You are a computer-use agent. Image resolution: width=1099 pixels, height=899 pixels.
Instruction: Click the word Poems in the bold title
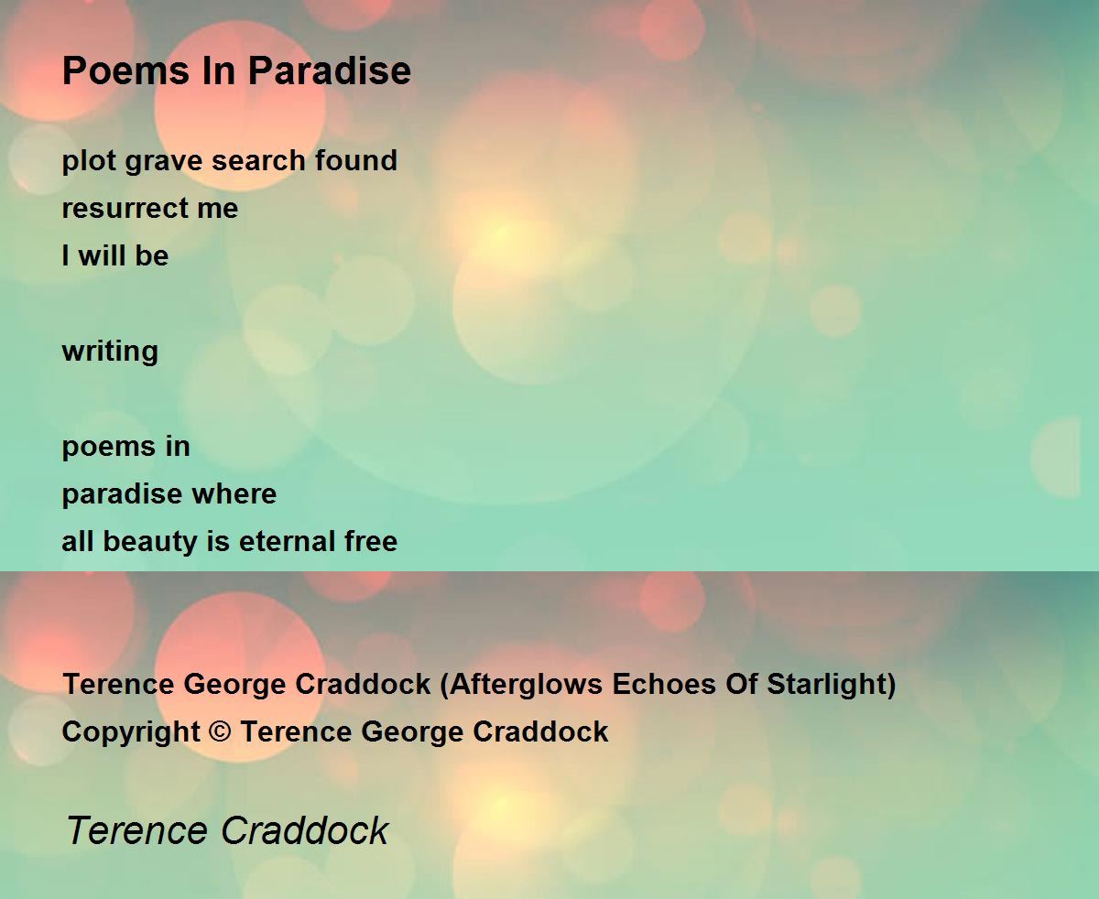125,70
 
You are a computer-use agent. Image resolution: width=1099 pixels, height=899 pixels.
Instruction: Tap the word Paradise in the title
330,70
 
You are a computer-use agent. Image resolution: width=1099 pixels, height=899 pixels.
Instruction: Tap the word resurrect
125,209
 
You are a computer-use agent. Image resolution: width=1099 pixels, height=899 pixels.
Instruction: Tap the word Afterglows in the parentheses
526,685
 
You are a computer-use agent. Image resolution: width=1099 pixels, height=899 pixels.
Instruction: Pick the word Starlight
826,685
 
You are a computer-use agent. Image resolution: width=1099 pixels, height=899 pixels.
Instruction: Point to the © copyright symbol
220,731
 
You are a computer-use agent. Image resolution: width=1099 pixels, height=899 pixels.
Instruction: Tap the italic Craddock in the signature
304,830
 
